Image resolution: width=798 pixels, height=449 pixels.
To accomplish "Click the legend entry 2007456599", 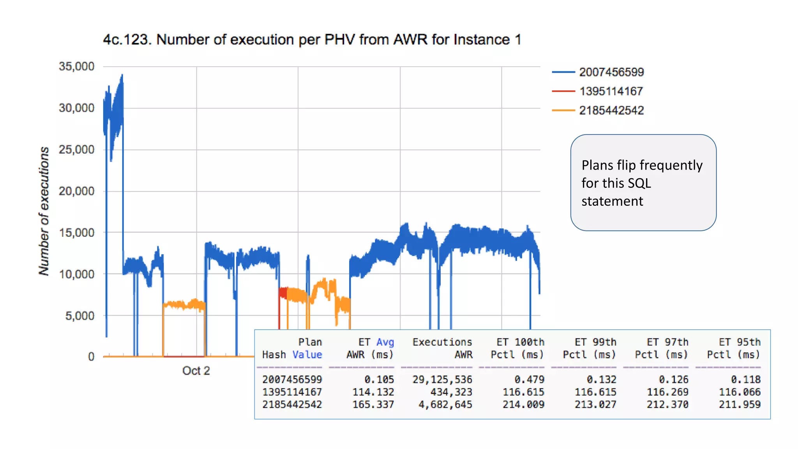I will (x=611, y=72).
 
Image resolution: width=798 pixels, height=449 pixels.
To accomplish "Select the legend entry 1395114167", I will (x=611, y=91).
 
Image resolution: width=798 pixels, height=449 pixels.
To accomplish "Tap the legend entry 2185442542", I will (x=611, y=110).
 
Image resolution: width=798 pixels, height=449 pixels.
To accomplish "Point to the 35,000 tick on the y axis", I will (x=77, y=66).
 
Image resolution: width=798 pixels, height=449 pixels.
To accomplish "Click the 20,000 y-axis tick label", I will (x=77, y=191).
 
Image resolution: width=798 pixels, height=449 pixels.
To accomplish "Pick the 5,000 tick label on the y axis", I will (x=80, y=316).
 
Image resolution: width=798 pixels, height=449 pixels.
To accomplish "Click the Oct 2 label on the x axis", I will (x=196, y=371).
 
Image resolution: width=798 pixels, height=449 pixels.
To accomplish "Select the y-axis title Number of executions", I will (x=44, y=211).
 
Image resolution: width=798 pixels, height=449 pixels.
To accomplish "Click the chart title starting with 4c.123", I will (x=312, y=40).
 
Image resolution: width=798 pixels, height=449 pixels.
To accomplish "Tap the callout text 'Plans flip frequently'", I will (x=642, y=165).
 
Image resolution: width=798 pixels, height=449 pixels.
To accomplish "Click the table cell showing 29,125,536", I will (x=442, y=379).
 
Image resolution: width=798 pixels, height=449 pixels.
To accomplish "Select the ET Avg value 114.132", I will (x=373, y=392).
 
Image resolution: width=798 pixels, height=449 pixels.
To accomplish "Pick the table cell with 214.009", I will (x=523, y=405).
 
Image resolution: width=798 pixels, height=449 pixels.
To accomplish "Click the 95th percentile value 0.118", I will (x=745, y=379).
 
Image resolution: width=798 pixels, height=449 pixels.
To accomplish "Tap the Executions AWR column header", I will (x=442, y=348).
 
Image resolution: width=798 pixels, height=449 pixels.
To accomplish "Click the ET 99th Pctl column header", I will (x=590, y=348).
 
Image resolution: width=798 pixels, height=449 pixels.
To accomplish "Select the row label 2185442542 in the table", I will (x=292, y=405).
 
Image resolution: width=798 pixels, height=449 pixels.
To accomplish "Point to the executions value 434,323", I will (x=451, y=392).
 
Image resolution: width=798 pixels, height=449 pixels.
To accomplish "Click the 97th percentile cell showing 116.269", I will (x=667, y=392).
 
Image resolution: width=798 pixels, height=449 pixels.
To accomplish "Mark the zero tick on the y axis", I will (x=91, y=357).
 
